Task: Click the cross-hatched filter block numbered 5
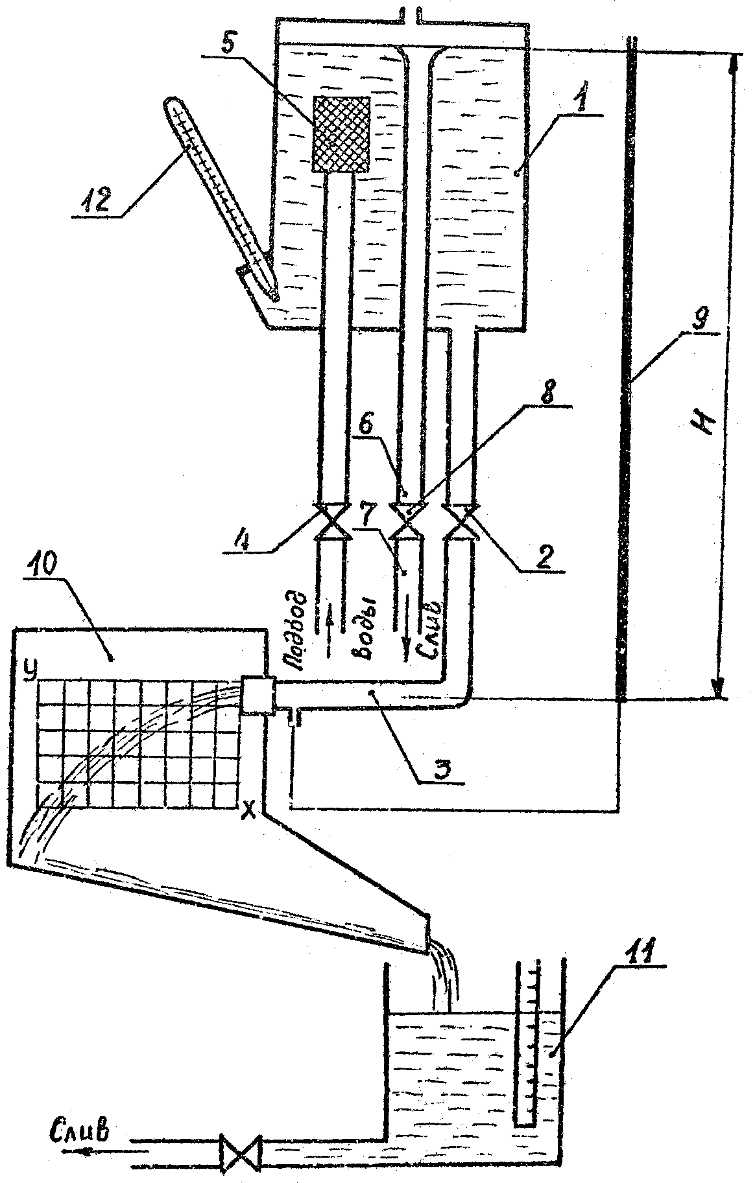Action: [x=341, y=134]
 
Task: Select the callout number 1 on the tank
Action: [x=582, y=99]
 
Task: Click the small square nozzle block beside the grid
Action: [x=258, y=694]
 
